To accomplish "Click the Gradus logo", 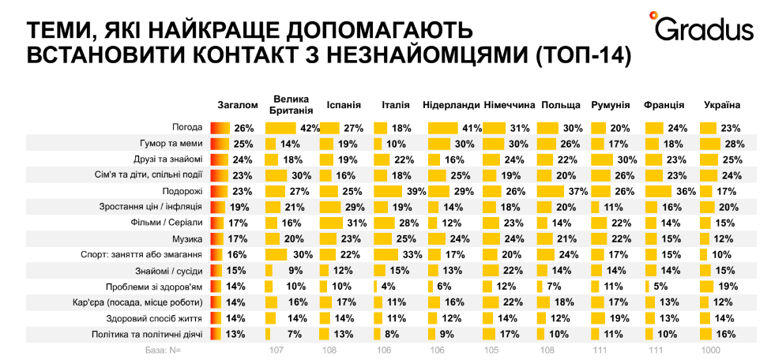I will [701, 28].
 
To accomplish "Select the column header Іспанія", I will [344, 104].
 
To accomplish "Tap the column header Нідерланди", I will [451, 104].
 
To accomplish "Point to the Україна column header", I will [721, 104].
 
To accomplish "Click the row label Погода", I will [188, 128].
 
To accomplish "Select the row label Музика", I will [188, 238].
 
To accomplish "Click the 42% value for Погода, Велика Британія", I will [309, 128].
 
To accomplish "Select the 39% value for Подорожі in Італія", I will [416, 191].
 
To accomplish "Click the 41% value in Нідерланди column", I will [472, 128].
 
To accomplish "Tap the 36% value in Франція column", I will [686, 191].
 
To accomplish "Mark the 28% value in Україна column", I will [735, 144].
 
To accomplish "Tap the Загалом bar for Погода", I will [220, 128].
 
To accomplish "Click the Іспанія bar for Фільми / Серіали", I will [334, 223].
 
